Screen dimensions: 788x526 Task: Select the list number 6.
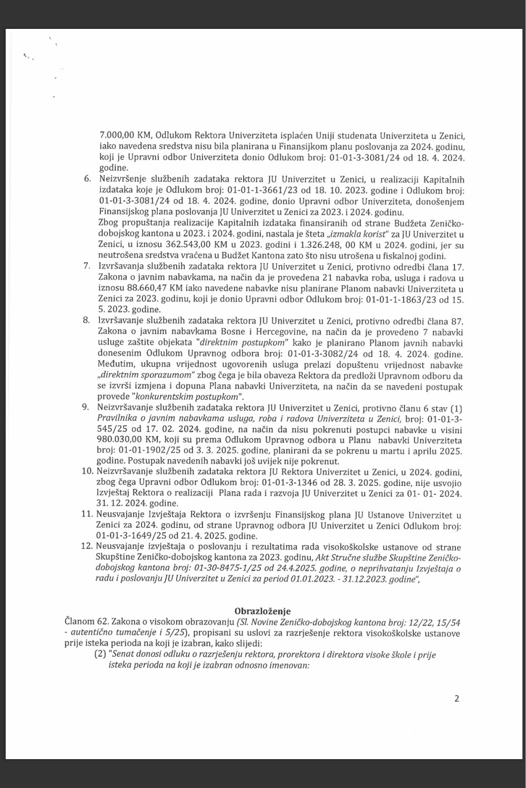tap(87, 179)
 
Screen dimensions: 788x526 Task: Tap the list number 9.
tap(87, 408)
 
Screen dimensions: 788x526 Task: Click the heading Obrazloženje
tap(262, 610)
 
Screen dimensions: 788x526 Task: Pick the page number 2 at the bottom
tap(456, 699)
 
